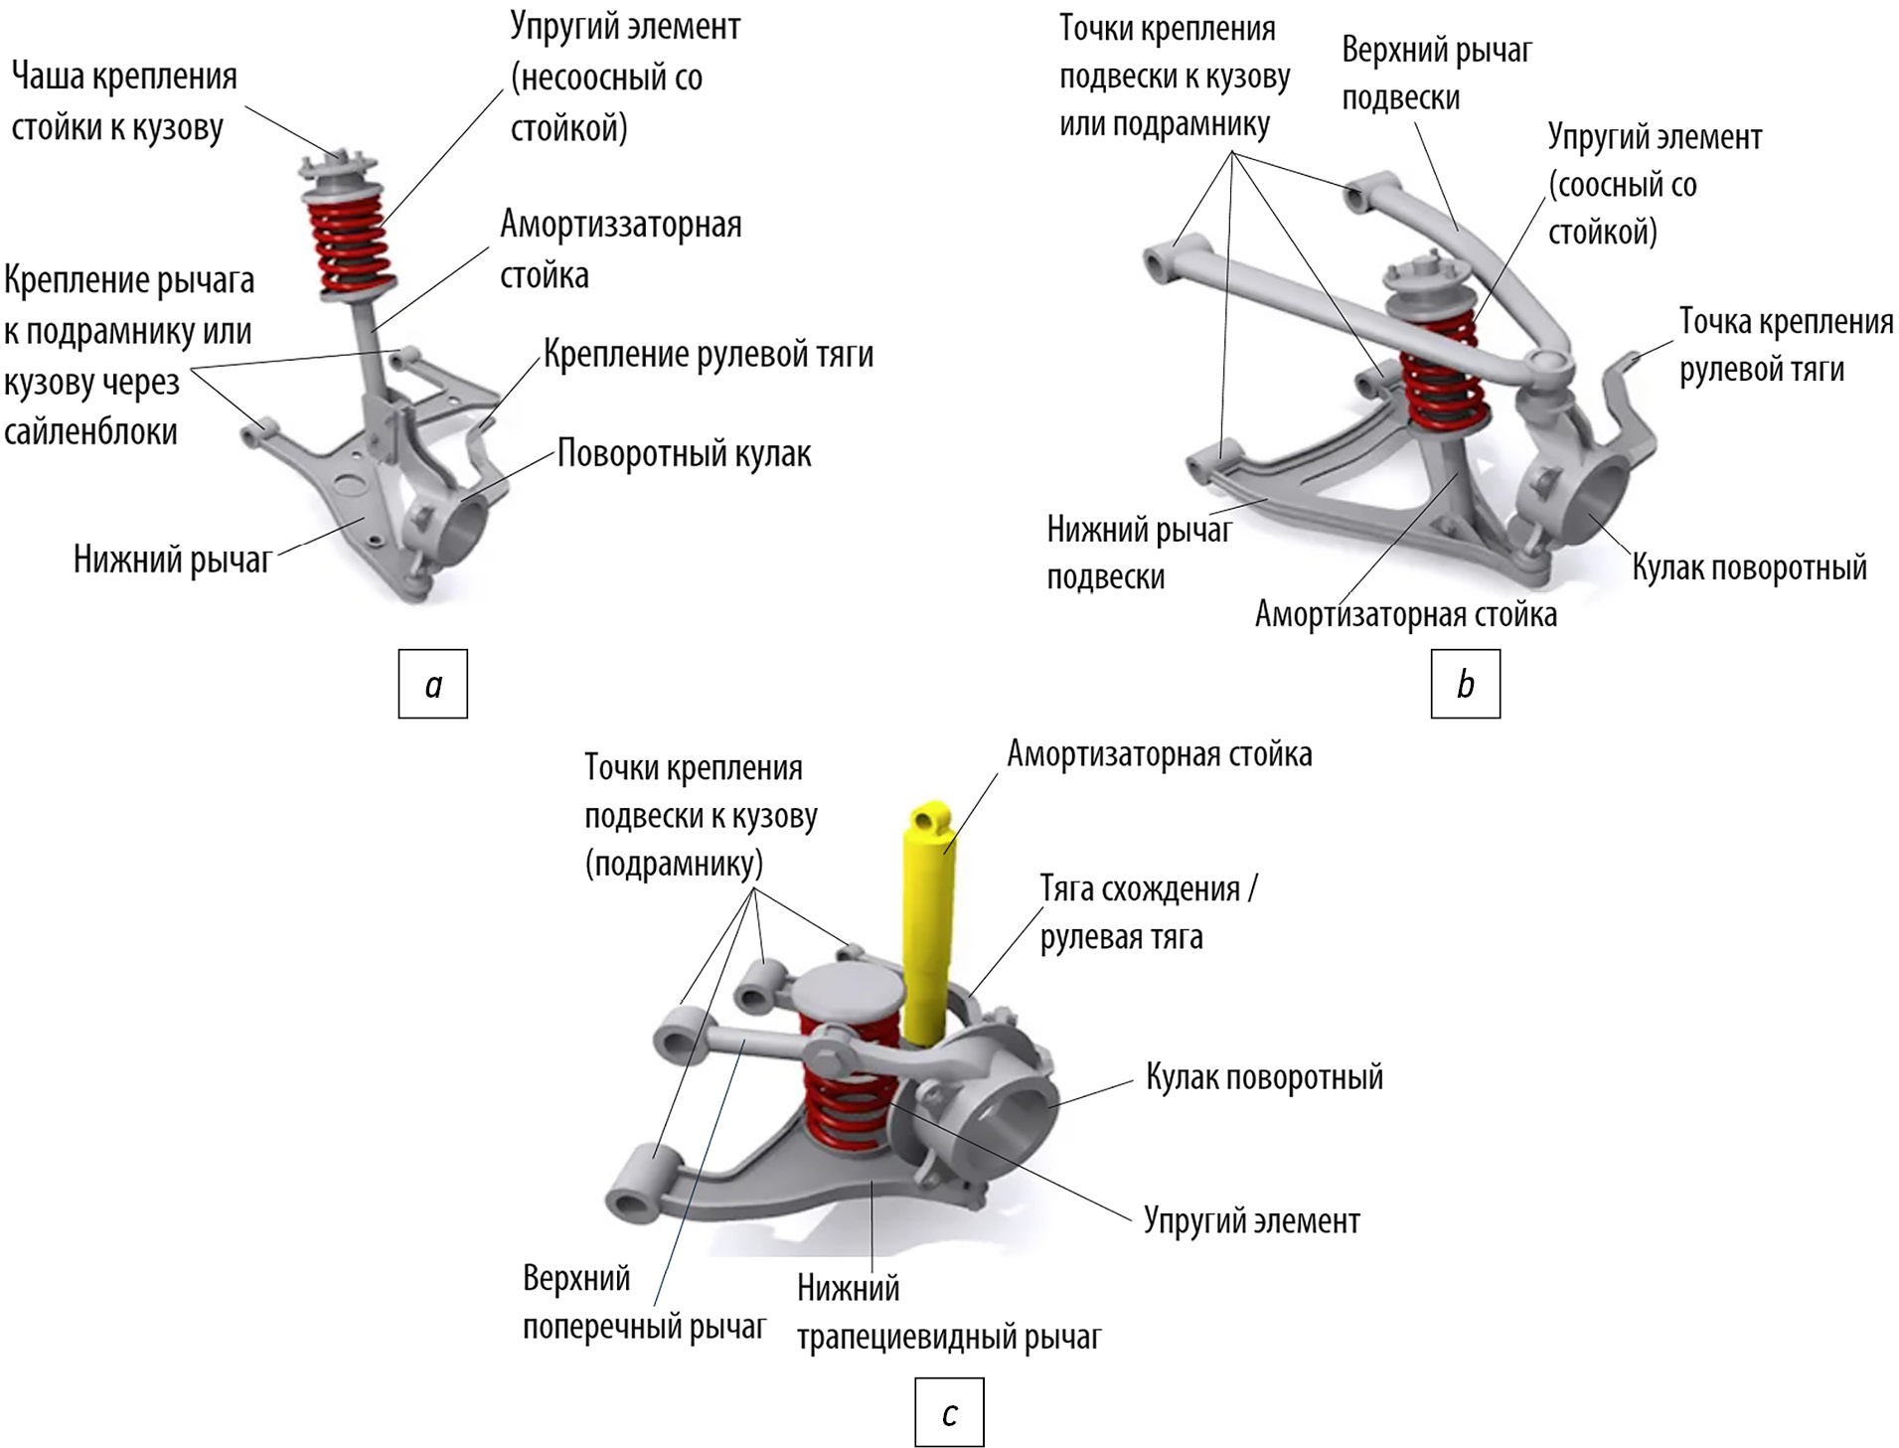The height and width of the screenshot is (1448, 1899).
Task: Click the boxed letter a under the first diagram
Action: pyautogui.click(x=432, y=684)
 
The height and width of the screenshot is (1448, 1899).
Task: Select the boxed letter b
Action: pyautogui.click(x=1465, y=684)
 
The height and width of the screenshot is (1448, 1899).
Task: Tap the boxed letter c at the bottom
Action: pyautogui.click(x=949, y=1412)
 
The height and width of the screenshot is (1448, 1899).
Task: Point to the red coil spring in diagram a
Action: pyautogui.click(x=351, y=243)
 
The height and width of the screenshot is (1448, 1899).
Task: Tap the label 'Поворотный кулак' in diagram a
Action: pyautogui.click(x=684, y=454)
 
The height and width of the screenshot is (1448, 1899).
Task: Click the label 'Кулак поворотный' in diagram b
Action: pyautogui.click(x=1749, y=567)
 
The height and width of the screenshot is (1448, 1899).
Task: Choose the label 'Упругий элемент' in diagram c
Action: pyautogui.click(x=1251, y=1220)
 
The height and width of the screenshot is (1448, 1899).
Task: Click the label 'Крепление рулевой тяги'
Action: pyautogui.click(x=709, y=355)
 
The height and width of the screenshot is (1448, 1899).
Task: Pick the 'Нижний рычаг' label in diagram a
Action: pyautogui.click(x=172, y=561)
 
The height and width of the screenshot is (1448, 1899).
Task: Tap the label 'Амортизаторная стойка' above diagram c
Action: pyautogui.click(x=1159, y=754)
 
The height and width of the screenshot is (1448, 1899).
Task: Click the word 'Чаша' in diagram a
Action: pyautogui.click(x=46, y=77)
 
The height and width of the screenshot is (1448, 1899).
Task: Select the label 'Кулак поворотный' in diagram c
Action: pyautogui.click(x=1264, y=1077)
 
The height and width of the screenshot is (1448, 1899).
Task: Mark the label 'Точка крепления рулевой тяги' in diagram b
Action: pyautogui.click(x=1786, y=345)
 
